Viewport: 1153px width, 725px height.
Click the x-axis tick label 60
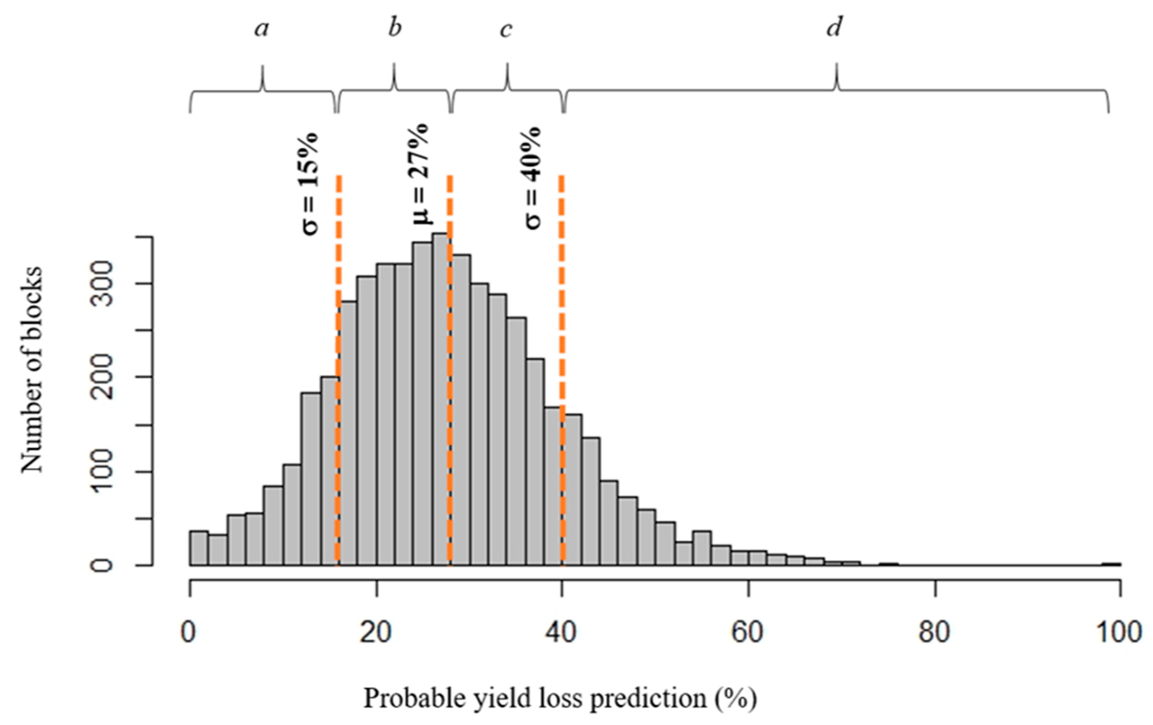point(747,633)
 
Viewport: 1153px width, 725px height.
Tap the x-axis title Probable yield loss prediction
point(560,698)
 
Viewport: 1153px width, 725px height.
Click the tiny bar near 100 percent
point(1111,564)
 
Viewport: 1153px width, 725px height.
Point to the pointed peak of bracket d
point(837,67)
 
